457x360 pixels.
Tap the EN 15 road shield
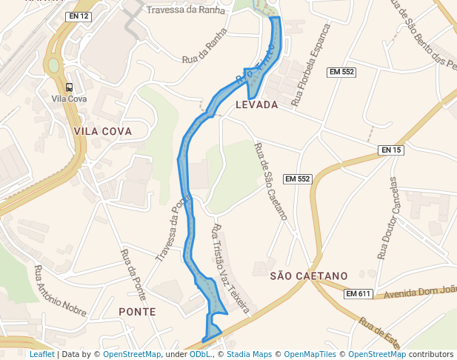point(391,150)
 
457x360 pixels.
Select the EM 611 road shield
point(358,294)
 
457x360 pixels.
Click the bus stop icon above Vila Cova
point(70,87)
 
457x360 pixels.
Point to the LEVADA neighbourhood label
point(256,105)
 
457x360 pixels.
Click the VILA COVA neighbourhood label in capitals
point(102,131)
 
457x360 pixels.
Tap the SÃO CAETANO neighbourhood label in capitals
point(309,276)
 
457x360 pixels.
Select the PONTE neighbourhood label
point(137,312)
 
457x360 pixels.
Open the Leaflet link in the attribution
point(41,354)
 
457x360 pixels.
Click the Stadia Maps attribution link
point(252,354)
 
